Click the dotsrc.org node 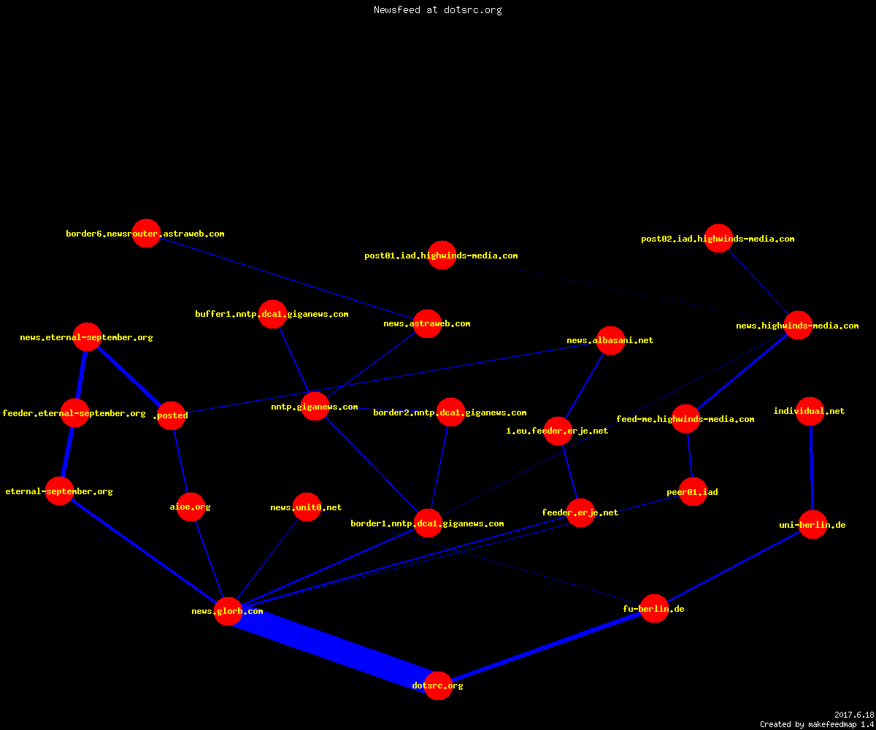click(438, 685)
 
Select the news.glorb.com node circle click(228, 611)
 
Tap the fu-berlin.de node click(654, 608)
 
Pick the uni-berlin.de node click(812, 524)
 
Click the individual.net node click(810, 411)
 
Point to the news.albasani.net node click(610, 340)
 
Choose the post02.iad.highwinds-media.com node click(718, 238)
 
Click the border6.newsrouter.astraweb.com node click(146, 234)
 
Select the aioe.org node click(191, 507)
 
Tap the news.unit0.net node click(307, 507)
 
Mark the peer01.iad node click(693, 491)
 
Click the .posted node click(171, 415)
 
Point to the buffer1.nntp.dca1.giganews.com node click(272, 314)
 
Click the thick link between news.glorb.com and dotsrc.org click(333, 648)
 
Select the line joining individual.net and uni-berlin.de click(811, 468)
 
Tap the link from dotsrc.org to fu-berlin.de click(546, 647)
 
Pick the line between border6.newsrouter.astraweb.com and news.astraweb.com click(287, 278)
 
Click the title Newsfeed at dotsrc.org click(437, 9)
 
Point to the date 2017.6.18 click(854, 715)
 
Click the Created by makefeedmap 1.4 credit click(817, 724)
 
